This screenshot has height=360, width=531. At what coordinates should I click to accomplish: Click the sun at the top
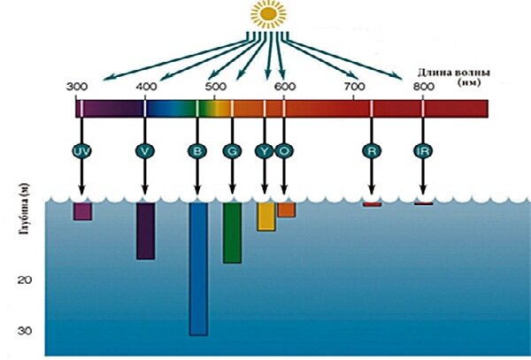[268, 14]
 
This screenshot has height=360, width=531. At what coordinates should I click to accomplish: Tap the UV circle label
[81, 151]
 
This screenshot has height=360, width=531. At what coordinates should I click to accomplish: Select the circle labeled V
[145, 151]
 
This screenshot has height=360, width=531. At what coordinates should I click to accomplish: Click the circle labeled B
[197, 151]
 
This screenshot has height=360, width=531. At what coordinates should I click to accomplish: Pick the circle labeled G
[232, 151]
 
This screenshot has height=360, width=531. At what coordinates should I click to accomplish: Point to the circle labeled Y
[264, 151]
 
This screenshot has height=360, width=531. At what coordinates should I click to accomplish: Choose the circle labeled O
[284, 151]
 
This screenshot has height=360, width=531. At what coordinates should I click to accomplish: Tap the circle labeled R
[372, 151]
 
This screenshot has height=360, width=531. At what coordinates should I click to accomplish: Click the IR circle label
[423, 151]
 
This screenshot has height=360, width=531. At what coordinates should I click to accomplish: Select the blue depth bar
[198, 269]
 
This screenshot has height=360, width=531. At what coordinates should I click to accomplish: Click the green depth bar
[232, 233]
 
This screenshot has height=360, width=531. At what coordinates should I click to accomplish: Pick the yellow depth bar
[266, 217]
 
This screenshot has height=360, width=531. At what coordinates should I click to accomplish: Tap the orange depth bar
[287, 210]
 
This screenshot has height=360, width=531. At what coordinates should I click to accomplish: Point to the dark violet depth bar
[146, 231]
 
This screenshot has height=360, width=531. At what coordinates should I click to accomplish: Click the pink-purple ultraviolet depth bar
[82, 211]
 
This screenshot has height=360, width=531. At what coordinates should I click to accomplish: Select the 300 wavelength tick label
[76, 87]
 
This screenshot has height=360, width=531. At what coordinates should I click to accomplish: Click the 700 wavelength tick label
[354, 87]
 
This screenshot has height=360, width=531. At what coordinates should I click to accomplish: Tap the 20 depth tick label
[25, 280]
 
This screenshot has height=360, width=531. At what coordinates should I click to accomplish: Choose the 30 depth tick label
[25, 330]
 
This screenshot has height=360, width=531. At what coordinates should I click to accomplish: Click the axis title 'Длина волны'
[453, 73]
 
